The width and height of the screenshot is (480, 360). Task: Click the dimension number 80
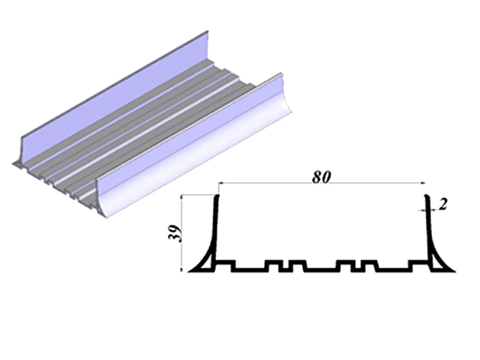pyautogui.click(x=322, y=177)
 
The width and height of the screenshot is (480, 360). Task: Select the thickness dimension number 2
pyautogui.click(x=443, y=205)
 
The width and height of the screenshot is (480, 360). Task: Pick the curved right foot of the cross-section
pyautogui.click(x=441, y=260)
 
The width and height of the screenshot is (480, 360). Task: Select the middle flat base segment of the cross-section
pyautogui.click(x=321, y=269)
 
